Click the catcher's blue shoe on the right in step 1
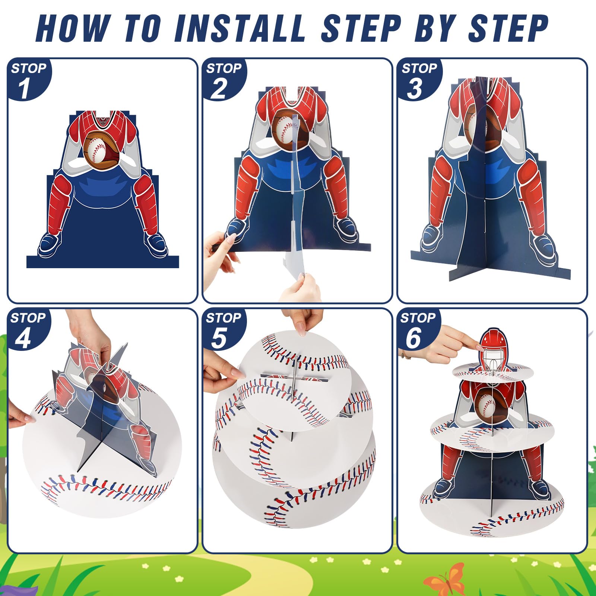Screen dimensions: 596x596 [x=156, y=244]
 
